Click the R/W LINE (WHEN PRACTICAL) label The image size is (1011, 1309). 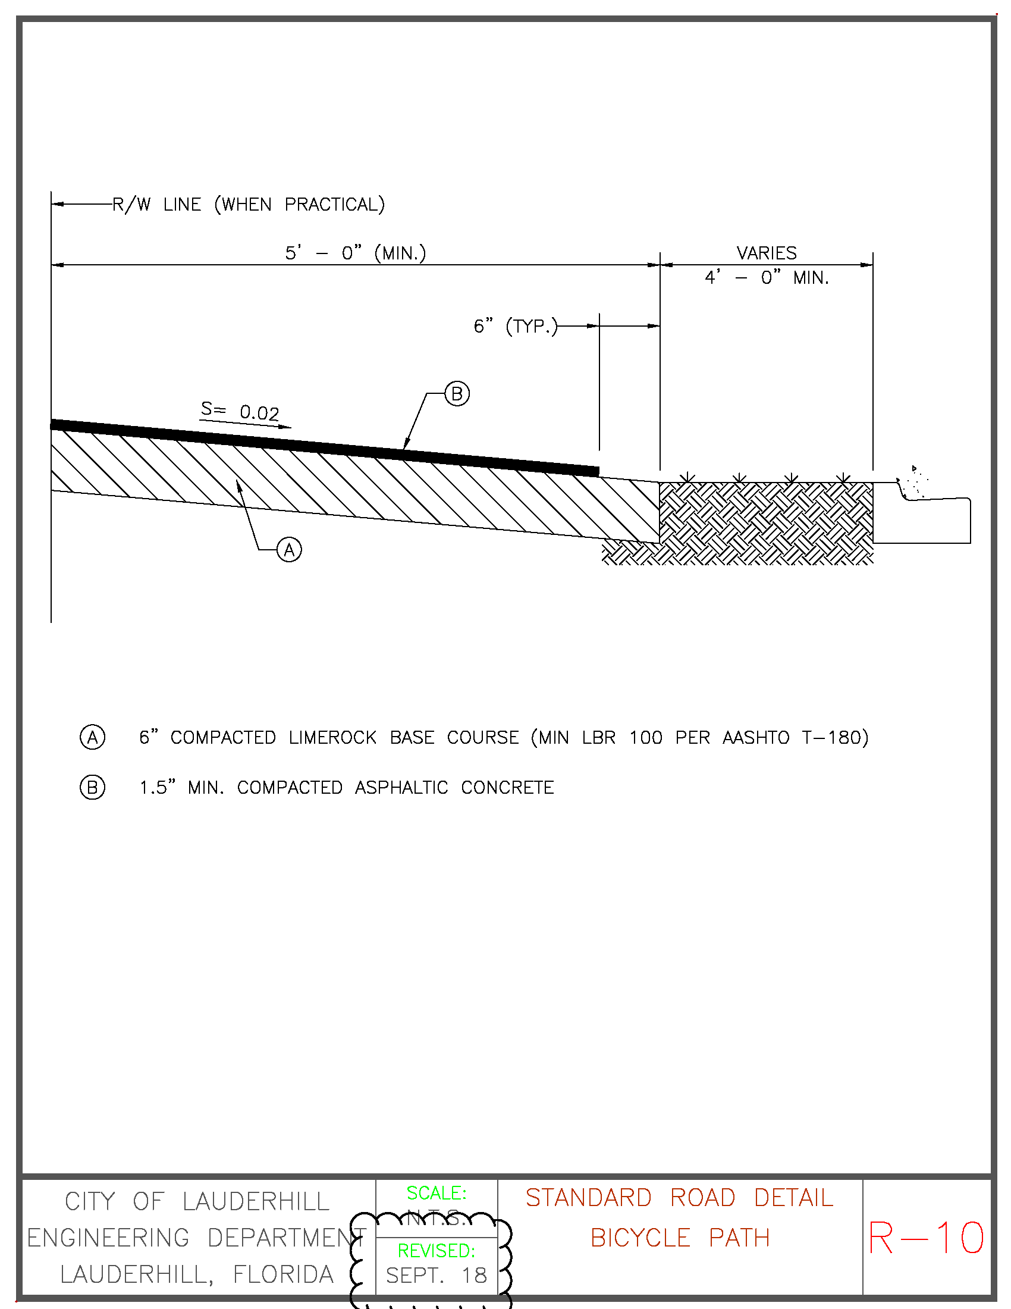pos(248,204)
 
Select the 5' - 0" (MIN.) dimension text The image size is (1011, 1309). pos(355,253)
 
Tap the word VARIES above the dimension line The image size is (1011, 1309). pos(766,253)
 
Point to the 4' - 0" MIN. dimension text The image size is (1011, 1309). pos(766,277)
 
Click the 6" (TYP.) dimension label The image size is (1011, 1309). pos(515,326)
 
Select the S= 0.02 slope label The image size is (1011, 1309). pos(240,411)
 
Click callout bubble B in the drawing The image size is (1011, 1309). pos(457,394)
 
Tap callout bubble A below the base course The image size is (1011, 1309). pos(289,550)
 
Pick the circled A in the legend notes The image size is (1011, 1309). pos(92,737)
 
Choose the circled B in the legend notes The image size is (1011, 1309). pos(92,787)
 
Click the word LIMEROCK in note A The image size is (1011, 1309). pos(332,737)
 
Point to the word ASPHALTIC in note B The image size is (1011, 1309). pos(401,787)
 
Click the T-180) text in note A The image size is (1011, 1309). pos(835,737)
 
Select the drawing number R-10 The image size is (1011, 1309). pos(926,1238)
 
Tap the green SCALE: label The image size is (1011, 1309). pos(436,1193)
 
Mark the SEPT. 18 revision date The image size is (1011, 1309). pos(436,1276)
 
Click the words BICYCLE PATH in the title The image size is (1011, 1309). pos(680,1238)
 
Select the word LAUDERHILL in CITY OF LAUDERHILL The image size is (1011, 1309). pos(256,1202)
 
